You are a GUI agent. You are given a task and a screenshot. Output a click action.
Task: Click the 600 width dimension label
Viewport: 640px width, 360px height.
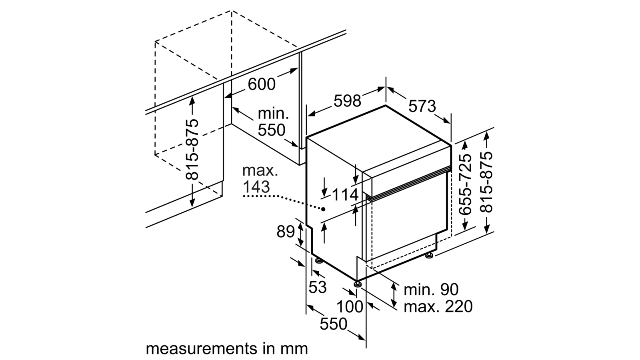262,84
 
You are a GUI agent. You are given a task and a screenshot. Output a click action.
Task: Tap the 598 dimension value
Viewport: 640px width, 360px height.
347,101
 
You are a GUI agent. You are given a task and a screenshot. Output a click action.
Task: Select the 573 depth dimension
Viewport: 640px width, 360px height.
422,106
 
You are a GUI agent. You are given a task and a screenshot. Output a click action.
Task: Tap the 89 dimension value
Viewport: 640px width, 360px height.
286,232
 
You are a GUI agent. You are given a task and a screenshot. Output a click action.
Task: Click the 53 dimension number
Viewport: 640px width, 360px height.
318,287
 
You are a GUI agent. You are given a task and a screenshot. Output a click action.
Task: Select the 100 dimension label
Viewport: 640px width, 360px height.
349,307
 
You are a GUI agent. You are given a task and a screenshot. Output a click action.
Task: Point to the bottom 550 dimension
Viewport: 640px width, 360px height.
333,324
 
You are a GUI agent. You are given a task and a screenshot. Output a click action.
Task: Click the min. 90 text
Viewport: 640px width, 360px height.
431,289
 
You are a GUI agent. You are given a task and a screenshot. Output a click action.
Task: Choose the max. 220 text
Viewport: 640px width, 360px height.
438,307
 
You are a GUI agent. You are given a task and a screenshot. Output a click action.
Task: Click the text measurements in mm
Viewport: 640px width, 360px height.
226,348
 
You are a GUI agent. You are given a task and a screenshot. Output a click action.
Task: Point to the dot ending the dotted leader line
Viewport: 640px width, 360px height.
323,209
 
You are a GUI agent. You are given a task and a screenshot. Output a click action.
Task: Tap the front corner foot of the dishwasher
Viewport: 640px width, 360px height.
358,284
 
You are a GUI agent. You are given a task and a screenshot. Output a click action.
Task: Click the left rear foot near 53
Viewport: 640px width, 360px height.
319,261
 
